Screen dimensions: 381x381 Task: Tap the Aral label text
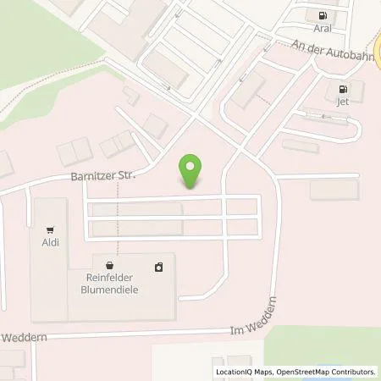pos(322,27)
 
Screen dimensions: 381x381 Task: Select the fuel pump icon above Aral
pos(322,15)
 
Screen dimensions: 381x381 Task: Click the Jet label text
pos(342,101)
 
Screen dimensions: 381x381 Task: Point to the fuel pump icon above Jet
pos(342,89)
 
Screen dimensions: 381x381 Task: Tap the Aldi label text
pos(52,240)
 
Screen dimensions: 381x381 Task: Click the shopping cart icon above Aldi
pos(52,229)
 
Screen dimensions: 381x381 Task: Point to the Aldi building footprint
pos(49,271)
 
